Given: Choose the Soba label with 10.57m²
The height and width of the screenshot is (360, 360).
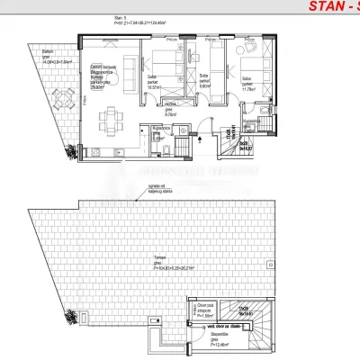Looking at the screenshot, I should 154,83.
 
